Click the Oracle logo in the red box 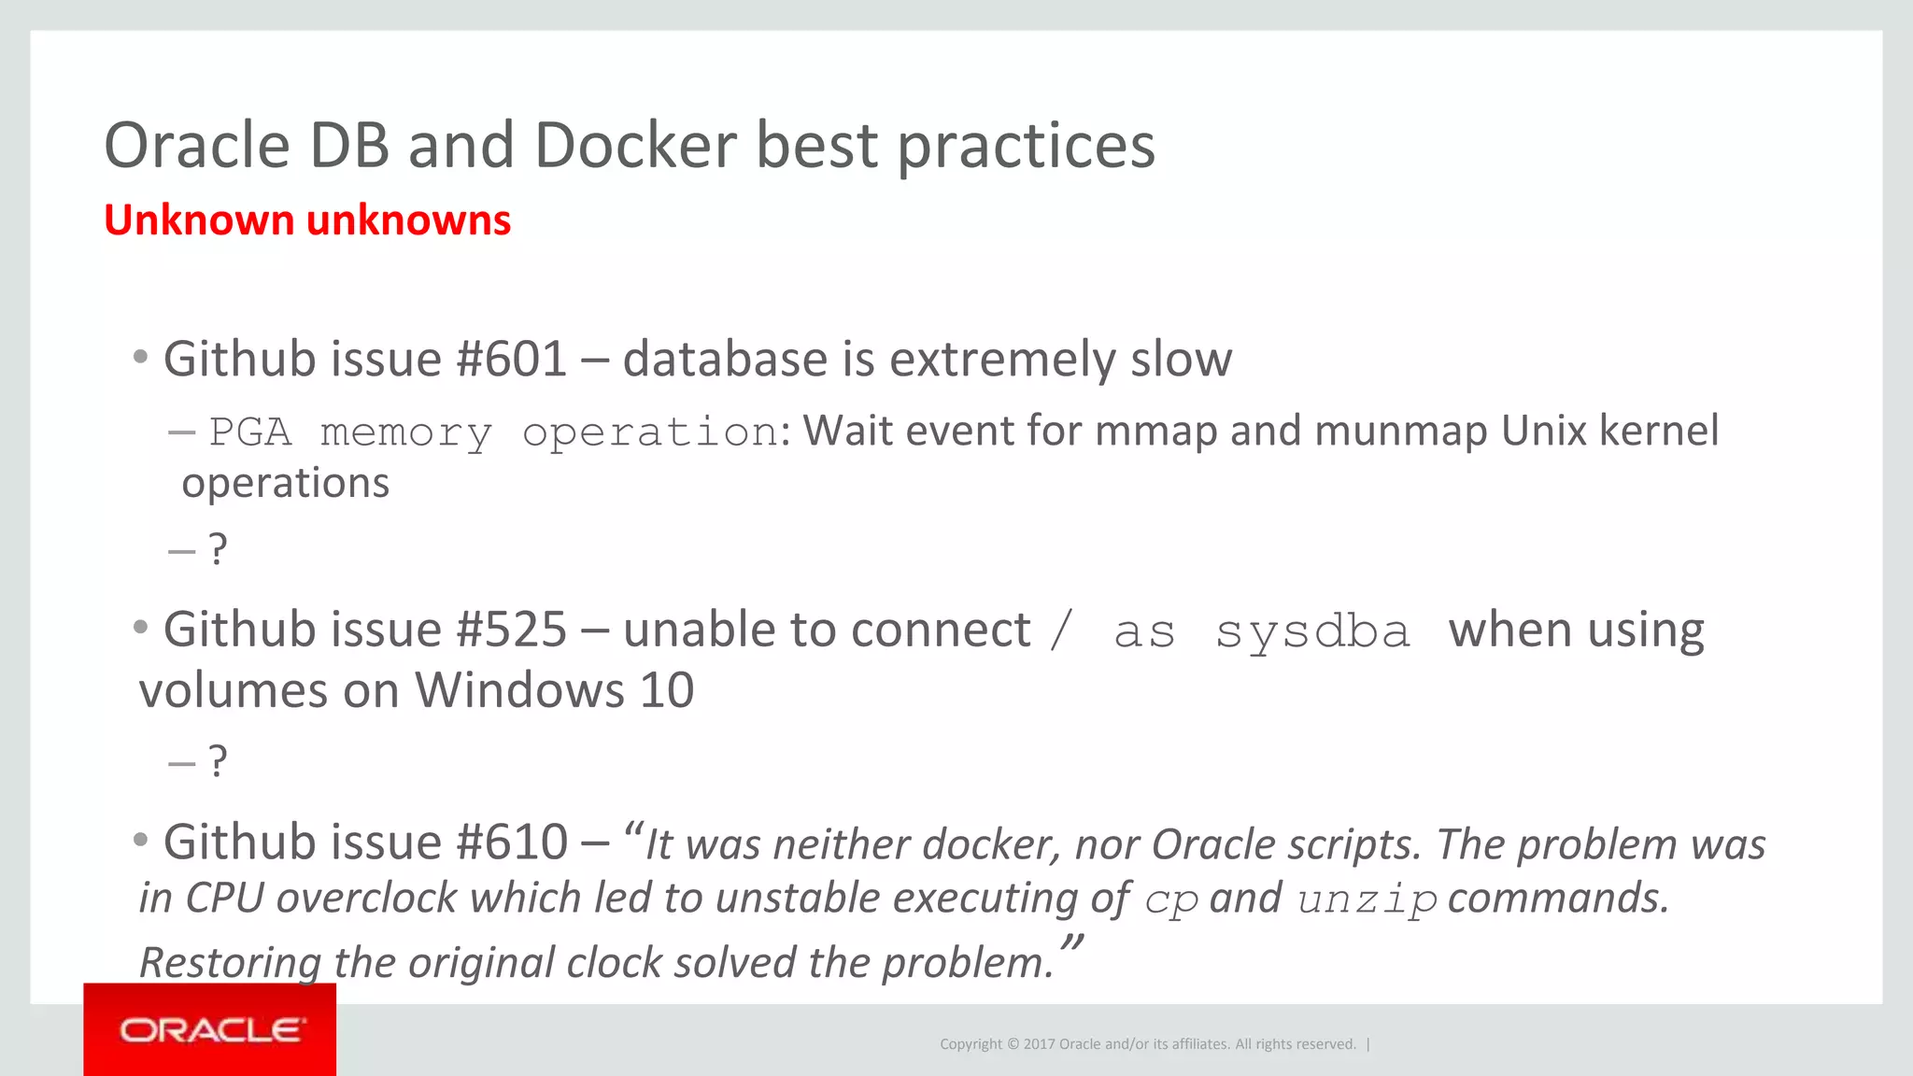pos(211,1030)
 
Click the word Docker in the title pos(635,146)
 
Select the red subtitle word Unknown pos(199,220)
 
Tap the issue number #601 pos(511,360)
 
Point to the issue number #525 pos(511,630)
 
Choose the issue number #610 pos(511,842)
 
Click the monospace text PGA pos(249,432)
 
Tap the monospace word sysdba pos(1312,632)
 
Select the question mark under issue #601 pos(218,549)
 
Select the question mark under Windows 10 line pos(218,761)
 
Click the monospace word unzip pos(1367,900)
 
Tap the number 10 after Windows pos(666,691)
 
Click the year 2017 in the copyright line pos(1039,1044)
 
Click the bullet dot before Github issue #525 pos(141,627)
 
